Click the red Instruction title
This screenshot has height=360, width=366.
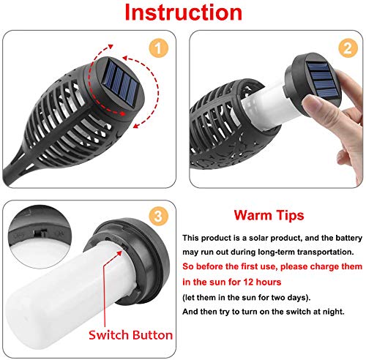[x=183, y=14]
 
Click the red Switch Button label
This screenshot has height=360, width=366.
[x=130, y=336]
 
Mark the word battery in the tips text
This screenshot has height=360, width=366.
[x=336, y=238]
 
